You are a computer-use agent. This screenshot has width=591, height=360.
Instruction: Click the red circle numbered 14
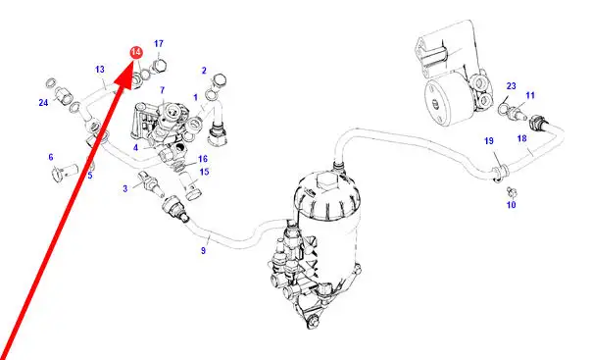(x=136, y=53)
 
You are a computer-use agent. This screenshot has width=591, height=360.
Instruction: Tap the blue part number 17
(x=159, y=44)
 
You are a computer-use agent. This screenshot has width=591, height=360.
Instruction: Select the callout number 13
(x=100, y=70)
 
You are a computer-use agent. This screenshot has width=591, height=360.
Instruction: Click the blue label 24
(x=43, y=102)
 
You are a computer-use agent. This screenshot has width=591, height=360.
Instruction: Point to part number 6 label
(x=51, y=157)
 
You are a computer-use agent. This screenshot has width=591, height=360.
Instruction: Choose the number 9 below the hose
(x=204, y=250)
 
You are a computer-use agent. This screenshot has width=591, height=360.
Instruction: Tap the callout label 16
(x=203, y=159)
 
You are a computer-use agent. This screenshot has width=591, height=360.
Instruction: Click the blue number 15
(x=204, y=172)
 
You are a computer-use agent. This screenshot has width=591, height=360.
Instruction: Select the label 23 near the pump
(x=511, y=86)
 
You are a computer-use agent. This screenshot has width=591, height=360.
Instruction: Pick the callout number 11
(x=530, y=95)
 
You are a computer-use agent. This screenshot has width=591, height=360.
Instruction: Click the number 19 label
(x=489, y=140)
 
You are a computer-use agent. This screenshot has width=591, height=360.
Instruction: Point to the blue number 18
(x=521, y=138)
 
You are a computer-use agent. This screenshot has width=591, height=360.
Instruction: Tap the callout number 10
(x=511, y=205)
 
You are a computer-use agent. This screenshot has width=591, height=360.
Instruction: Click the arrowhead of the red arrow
(x=125, y=80)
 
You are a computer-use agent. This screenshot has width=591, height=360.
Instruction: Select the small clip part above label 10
(x=512, y=191)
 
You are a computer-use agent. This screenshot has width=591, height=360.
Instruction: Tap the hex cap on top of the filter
(x=327, y=182)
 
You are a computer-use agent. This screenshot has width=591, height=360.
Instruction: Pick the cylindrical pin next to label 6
(x=64, y=172)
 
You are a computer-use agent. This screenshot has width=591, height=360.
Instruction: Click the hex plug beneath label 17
(x=159, y=67)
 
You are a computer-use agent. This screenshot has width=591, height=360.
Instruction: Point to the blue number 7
(x=162, y=90)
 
